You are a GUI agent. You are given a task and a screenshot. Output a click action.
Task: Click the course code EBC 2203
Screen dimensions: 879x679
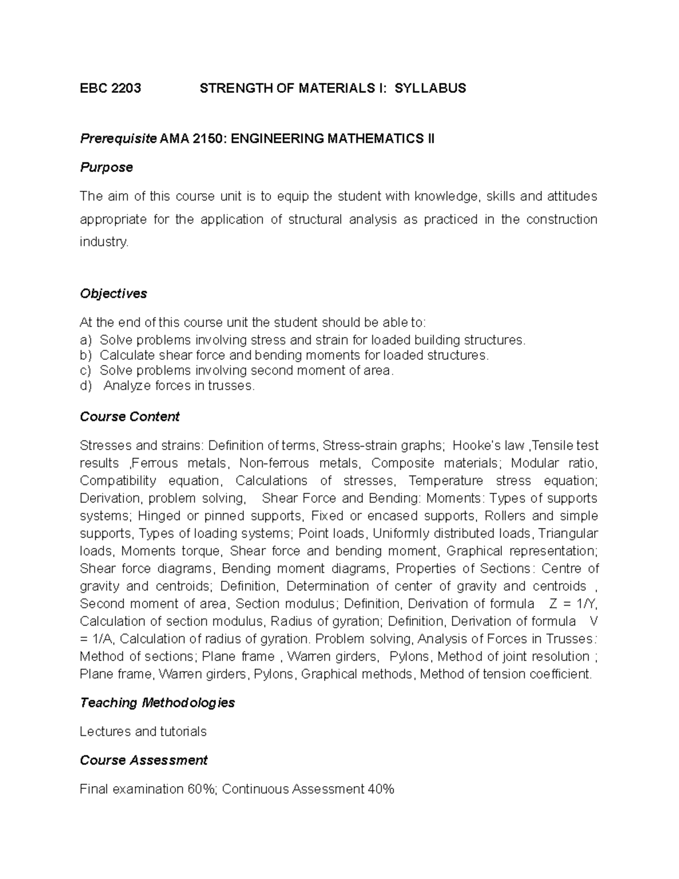click(110, 88)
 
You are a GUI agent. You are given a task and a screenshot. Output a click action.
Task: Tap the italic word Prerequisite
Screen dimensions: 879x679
click(118, 139)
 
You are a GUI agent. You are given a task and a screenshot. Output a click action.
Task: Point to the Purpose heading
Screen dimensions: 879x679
click(106, 168)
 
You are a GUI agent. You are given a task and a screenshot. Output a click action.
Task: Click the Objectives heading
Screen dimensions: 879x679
click(113, 294)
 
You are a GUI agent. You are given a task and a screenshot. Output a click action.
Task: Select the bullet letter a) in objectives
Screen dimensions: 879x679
click(85, 340)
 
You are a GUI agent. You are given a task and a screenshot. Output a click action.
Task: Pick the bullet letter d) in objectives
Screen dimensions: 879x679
click(85, 387)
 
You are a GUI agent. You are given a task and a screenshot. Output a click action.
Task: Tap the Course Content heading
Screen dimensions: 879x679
click(130, 417)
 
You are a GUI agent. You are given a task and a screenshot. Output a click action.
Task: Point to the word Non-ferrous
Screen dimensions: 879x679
click(274, 464)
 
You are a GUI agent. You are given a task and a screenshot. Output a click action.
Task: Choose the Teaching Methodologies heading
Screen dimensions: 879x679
click(157, 703)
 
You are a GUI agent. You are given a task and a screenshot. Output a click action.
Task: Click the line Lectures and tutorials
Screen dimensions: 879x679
click(143, 732)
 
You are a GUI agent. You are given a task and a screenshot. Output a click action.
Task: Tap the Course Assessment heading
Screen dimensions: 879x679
click(144, 761)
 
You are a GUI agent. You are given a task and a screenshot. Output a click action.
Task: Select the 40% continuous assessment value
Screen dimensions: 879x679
click(380, 790)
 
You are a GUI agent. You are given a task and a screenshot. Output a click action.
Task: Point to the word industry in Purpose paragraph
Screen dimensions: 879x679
click(104, 242)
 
